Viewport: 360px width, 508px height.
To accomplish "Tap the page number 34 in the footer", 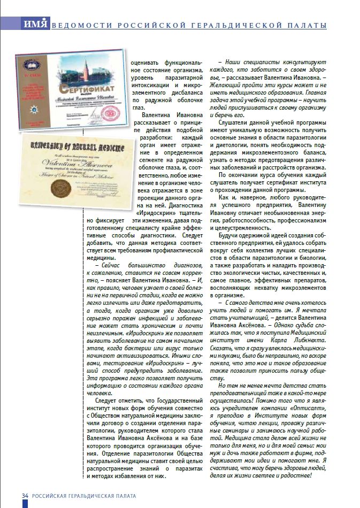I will tap(25, 496).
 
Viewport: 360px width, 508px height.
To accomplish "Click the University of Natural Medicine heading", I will tap(72, 146).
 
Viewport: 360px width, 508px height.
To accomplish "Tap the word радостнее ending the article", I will tap(295, 475).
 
